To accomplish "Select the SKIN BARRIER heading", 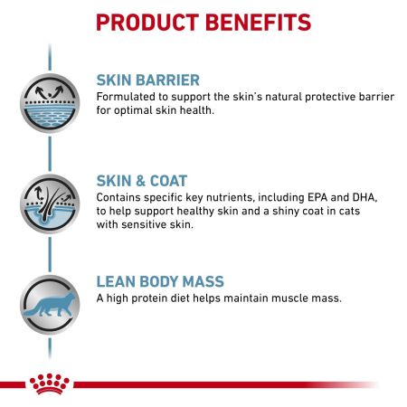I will [147, 80].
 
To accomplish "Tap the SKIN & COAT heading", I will [142, 180].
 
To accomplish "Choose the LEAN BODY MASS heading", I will [160, 282].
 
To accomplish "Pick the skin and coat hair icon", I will [48, 202].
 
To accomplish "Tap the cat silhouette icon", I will [48, 304].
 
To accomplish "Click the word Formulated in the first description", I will [127, 97].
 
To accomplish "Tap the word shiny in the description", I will [268, 212].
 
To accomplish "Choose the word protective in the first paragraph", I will [316, 97].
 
